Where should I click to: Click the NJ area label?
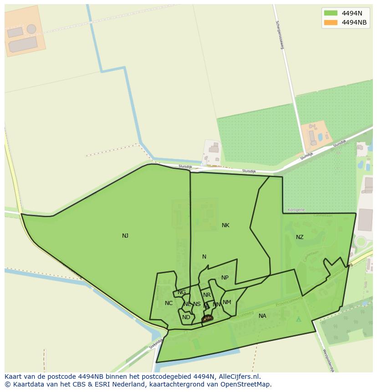pyautogui.click(x=125, y=236)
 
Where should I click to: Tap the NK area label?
pyautogui.click(x=225, y=225)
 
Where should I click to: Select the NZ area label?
pyautogui.click(x=300, y=237)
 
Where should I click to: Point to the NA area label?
pyautogui.click(x=262, y=316)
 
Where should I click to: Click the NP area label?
pyautogui.click(x=225, y=278)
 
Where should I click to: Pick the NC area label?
pyautogui.click(x=169, y=303)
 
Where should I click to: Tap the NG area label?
pyautogui.click(x=182, y=292)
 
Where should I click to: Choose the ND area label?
pyautogui.click(x=186, y=317)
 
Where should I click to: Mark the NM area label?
pyautogui.click(x=227, y=302)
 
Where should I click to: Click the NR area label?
pyautogui.click(x=207, y=295)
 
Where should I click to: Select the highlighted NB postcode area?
pyautogui.click(x=207, y=318)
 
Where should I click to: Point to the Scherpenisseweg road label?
pyautogui.click(x=279, y=35)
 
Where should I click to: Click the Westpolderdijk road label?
pyautogui.click(x=329, y=361)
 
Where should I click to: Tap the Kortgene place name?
pyautogui.click(x=296, y=210)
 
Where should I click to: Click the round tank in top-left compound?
pyautogui.click(x=31, y=29)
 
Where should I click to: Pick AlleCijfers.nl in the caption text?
pyautogui.click(x=238, y=377)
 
